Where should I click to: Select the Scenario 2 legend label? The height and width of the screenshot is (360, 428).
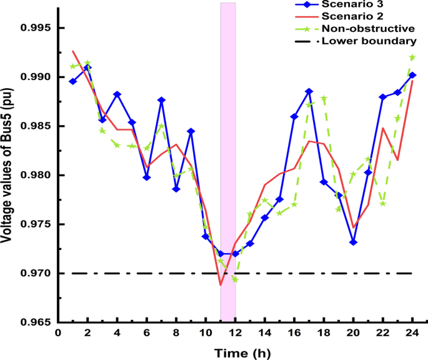pyautogui.click(x=359, y=16)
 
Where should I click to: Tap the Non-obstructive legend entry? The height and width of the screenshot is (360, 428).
pyautogui.click(x=368, y=29)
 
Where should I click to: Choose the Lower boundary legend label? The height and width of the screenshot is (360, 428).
pyautogui.click(x=368, y=41)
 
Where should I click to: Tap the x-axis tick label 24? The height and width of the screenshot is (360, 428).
pyautogui.click(x=412, y=333)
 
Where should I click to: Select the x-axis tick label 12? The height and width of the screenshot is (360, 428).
pyautogui.click(x=235, y=333)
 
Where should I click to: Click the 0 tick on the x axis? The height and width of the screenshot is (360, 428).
pyautogui.click(x=57, y=333)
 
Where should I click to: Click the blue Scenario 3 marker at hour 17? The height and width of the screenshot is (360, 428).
pyautogui.click(x=309, y=91)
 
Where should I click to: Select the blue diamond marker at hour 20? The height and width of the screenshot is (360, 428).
pyautogui.click(x=353, y=242)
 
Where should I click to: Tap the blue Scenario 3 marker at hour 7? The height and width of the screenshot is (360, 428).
pyautogui.click(x=161, y=100)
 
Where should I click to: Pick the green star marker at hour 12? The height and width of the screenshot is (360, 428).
pyautogui.click(x=235, y=279)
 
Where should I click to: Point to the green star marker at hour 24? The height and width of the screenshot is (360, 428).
pyautogui.click(x=412, y=57)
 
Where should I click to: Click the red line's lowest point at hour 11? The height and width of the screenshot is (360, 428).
pyautogui.click(x=221, y=285)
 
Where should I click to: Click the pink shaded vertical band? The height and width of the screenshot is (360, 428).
pyautogui.click(x=228, y=156)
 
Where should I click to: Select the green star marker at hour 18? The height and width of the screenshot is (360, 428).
pyautogui.click(x=324, y=98)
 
